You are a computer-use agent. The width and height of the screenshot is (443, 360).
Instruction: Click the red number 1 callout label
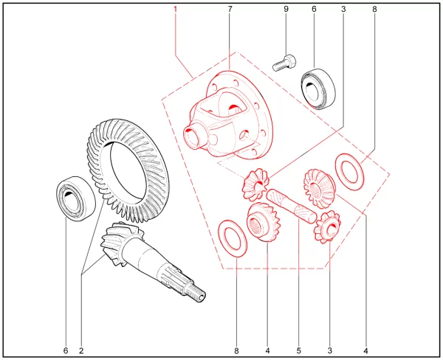click(x=175, y=10)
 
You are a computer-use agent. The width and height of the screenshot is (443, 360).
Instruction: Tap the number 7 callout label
click(x=230, y=10)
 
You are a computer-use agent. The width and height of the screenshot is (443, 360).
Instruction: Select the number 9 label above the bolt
click(x=286, y=10)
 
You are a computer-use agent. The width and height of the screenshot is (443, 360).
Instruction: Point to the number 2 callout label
click(x=81, y=350)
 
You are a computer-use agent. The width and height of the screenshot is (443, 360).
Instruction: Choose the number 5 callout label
click(x=298, y=350)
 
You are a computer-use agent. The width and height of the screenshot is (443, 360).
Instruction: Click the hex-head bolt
click(x=284, y=63)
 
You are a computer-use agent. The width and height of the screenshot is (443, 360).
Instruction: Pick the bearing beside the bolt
click(x=317, y=89)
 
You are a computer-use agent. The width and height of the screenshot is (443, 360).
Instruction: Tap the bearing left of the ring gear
click(x=76, y=198)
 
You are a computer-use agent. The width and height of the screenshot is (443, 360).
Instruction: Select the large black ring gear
click(x=128, y=170)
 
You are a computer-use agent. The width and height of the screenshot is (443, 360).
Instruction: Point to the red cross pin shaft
click(x=292, y=206)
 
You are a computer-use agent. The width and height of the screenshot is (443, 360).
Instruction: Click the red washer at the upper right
click(x=349, y=172)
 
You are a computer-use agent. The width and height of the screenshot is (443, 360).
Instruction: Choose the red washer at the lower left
click(x=233, y=238)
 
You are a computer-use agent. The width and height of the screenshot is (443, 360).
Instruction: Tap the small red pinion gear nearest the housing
click(x=255, y=184)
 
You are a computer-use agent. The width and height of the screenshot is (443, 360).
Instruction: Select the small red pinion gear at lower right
click(x=327, y=226)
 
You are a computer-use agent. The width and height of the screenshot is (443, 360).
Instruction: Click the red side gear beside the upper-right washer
click(x=319, y=189)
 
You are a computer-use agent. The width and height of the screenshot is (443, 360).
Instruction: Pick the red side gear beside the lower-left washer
click(x=264, y=222)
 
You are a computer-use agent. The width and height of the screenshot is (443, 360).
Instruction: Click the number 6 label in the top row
click(x=315, y=10)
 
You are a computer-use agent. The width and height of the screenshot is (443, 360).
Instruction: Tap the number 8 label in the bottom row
click(x=236, y=350)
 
